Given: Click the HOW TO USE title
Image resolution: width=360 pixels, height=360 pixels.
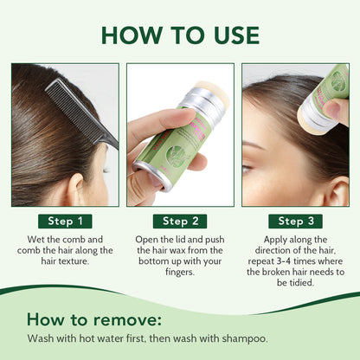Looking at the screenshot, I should pos(180,34).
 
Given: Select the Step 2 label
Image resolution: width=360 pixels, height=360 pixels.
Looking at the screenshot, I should pos(180,221).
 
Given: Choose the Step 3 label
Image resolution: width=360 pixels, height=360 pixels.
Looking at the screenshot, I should pos(296,221).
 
